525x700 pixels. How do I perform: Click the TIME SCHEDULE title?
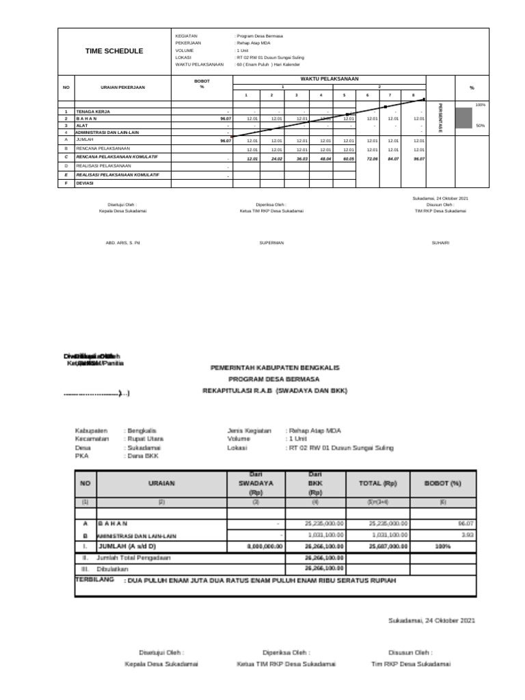pyautogui.click(x=114, y=51)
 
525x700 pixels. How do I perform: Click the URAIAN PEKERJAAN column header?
pyautogui.click(x=122, y=87)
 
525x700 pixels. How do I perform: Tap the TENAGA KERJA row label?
pyautogui.click(x=93, y=111)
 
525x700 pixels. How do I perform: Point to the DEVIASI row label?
pyautogui.click(x=85, y=183)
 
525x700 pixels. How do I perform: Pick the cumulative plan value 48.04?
pyautogui.click(x=321, y=158)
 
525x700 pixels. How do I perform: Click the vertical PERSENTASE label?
pyautogui.click(x=440, y=118)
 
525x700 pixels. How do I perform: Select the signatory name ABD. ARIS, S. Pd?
pyautogui.click(x=122, y=243)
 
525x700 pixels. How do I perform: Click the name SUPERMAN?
pyautogui.click(x=271, y=243)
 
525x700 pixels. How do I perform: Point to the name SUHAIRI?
pyautogui.click(x=440, y=243)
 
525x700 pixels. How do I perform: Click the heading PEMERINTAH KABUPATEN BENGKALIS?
pyautogui.click(x=274, y=367)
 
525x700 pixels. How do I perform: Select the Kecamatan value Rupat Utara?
pyautogui.click(x=144, y=439)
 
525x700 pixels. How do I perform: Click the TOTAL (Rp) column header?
pyautogui.click(x=378, y=483)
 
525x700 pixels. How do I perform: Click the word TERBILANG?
pyautogui.click(x=96, y=579)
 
